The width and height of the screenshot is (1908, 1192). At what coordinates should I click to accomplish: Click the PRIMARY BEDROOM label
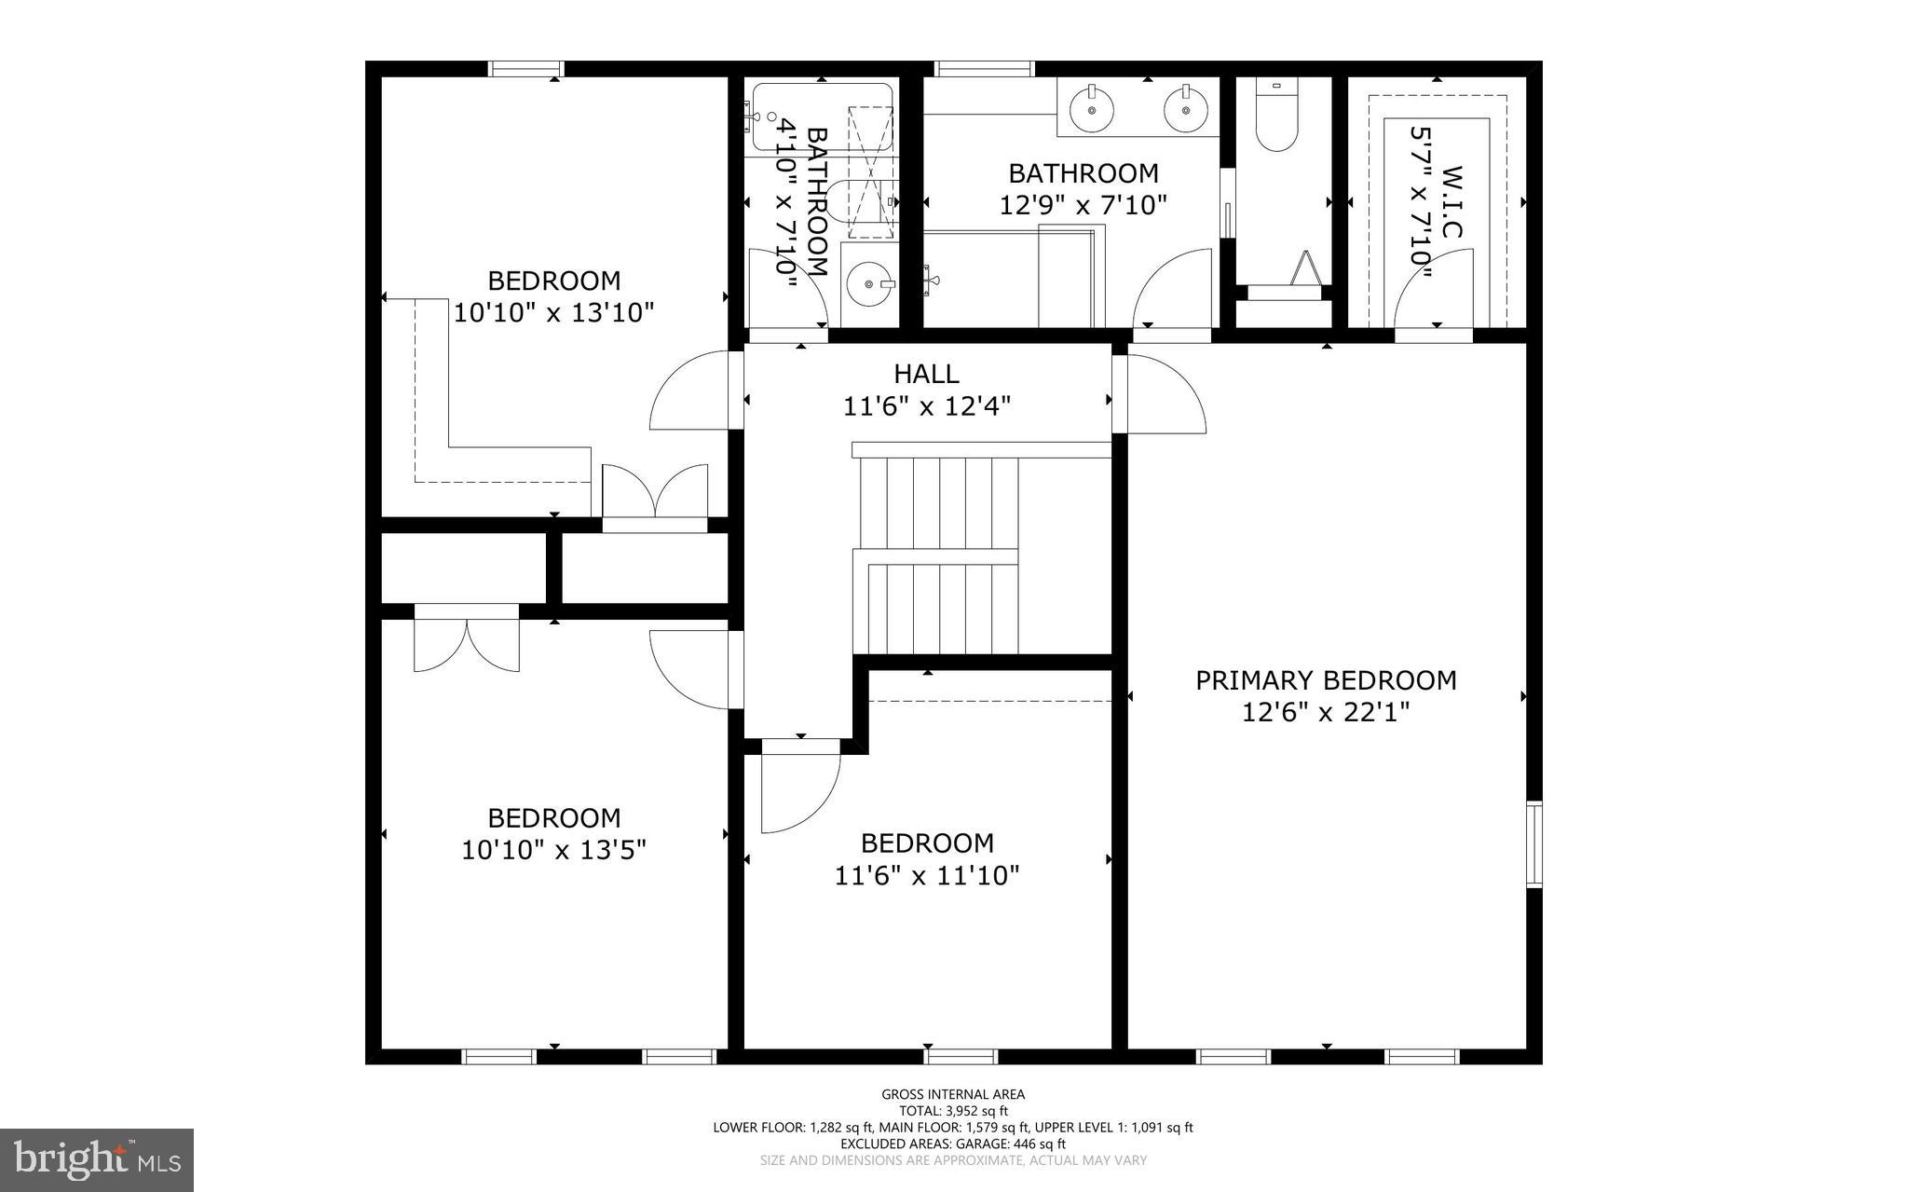coord(1325,680)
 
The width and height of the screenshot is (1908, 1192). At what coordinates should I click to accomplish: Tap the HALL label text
coord(926,374)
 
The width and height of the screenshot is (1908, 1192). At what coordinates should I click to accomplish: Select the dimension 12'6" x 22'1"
coord(1325,713)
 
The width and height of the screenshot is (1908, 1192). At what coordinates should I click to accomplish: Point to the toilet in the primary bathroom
coord(1275,116)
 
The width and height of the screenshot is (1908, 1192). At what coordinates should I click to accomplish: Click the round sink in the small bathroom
coord(868,282)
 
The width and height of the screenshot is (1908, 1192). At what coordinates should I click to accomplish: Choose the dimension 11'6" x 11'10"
coord(927,876)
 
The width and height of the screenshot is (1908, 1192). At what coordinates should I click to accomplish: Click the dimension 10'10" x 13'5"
coord(553,850)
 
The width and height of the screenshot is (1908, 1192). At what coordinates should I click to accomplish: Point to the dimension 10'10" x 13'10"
coord(553,312)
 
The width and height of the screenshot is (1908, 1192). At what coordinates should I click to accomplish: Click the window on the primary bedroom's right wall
coord(1533,843)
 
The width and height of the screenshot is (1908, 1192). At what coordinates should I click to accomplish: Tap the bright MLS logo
coord(97,1159)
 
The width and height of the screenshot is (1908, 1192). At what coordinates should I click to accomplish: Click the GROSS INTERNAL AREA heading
coord(953,1094)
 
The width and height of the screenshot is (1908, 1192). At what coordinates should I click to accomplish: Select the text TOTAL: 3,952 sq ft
coord(953,1111)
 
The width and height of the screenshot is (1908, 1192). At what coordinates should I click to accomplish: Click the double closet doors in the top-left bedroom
coord(655,491)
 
